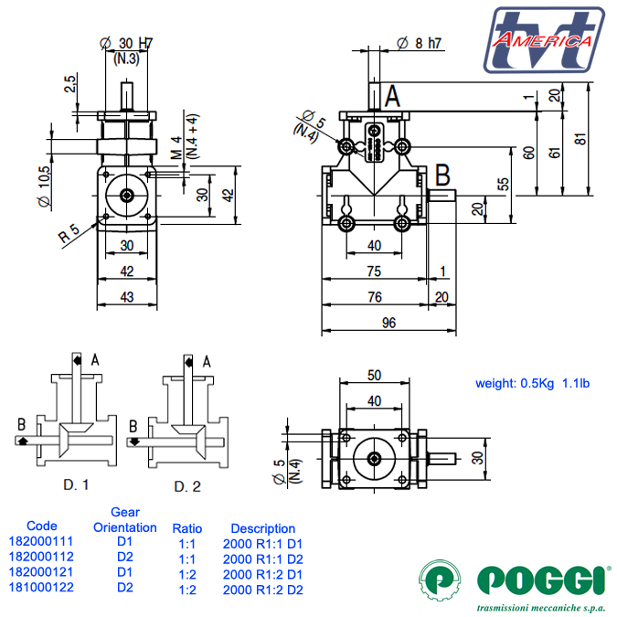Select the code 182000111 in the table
point(42,542)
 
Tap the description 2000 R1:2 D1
point(262,573)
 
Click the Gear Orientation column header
point(125,519)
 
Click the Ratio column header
point(187,528)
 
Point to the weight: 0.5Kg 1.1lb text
point(532,383)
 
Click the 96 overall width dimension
point(388,323)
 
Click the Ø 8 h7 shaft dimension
point(420,42)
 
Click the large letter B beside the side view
point(442,173)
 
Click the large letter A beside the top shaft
point(392,94)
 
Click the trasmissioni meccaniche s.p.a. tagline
point(544,607)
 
